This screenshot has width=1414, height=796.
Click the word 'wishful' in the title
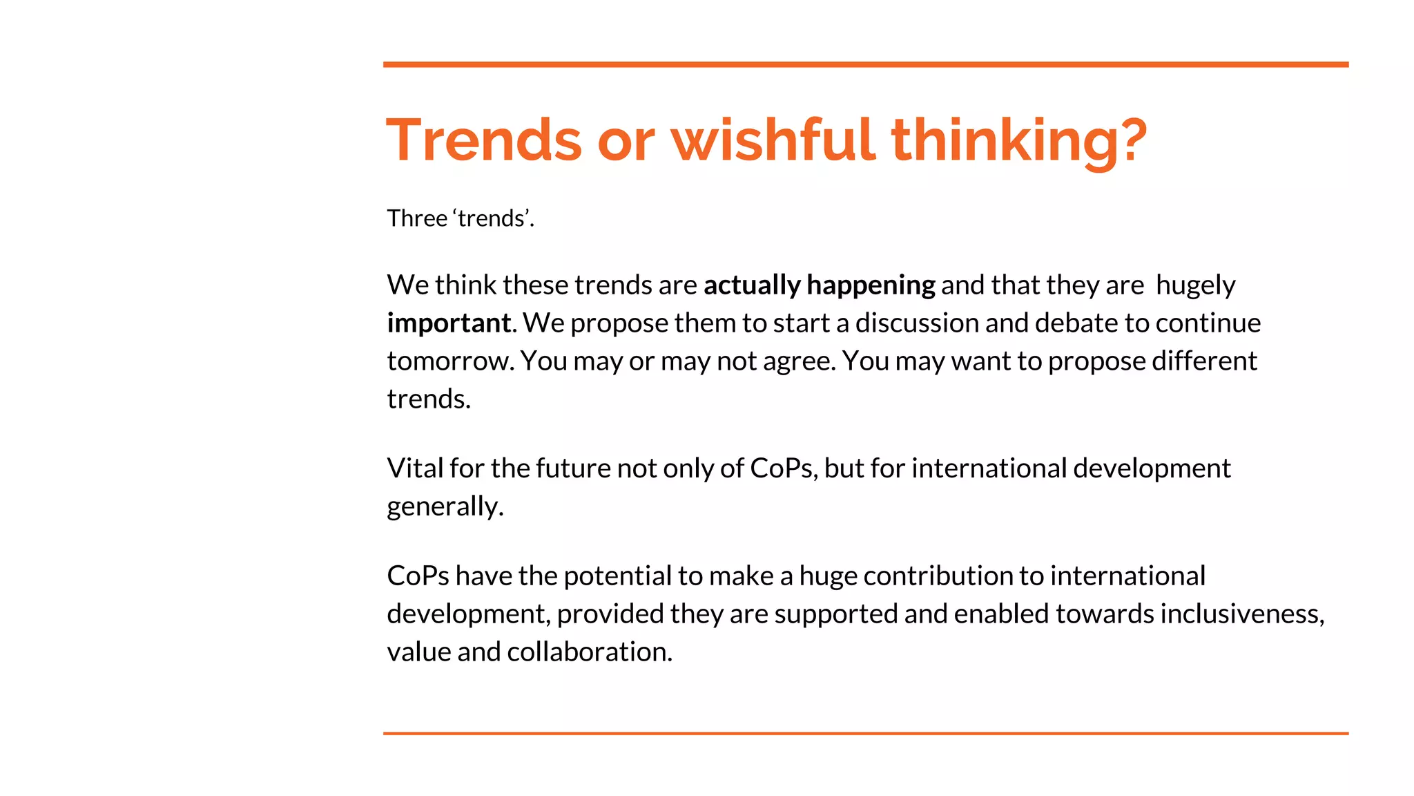coord(773,140)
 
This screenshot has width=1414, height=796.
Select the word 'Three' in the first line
coord(417,218)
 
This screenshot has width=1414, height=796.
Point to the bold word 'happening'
coord(871,285)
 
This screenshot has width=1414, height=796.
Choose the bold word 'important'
coord(449,323)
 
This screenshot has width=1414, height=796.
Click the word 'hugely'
coord(1195,285)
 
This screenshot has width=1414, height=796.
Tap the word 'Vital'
coord(415,468)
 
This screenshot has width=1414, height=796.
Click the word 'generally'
coord(445,506)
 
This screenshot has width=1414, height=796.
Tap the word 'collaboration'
coord(589,652)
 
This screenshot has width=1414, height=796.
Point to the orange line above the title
coord(865,65)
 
